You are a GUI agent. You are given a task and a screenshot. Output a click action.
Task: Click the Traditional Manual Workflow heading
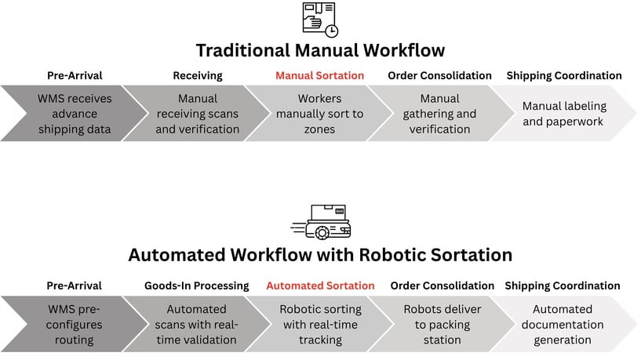pos(320,51)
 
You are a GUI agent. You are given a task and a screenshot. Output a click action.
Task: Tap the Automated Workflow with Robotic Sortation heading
pos(320,255)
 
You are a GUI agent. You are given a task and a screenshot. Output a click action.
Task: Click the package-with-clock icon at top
pos(320,19)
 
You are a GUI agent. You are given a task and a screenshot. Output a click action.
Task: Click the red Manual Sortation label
pos(319,76)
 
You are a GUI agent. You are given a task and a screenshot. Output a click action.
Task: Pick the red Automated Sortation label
pos(320,286)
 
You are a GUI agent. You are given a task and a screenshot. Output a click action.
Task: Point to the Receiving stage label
pos(197,76)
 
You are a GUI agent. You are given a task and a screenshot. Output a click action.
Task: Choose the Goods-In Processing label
pos(197,286)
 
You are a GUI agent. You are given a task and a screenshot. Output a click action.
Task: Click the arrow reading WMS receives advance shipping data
pos(75,114)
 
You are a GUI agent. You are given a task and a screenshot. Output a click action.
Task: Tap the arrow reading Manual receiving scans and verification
pos(197,114)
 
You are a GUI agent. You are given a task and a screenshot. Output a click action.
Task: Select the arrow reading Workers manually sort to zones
pos(319,114)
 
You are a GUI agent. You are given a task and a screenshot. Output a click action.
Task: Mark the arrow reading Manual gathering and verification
pos(439,114)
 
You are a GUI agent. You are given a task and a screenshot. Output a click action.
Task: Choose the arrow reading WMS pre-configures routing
pos(75,324)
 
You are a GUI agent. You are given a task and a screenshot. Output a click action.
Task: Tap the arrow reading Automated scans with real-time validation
pos(197,324)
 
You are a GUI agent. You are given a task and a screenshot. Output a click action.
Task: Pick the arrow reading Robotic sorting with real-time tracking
pos(320,324)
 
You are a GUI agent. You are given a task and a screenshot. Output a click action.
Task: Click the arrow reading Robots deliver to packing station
pos(442,324)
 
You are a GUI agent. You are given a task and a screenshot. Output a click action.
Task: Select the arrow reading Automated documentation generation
pos(563,324)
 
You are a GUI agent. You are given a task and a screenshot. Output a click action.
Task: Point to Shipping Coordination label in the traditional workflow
pos(563,76)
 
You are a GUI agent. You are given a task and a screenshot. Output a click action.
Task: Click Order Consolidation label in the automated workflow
pos(442,286)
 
